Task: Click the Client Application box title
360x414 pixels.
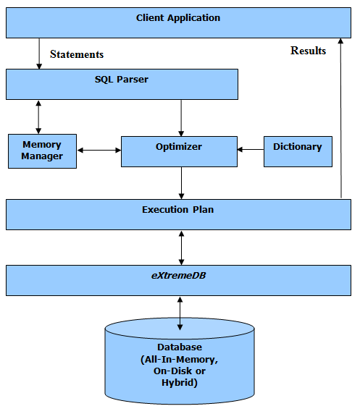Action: (x=178, y=18)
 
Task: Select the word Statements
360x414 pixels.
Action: (x=77, y=54)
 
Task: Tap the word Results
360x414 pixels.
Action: (x=308, y=51)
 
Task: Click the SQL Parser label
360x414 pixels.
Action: (x=122, y=80)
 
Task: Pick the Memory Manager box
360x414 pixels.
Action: (x=42, y=151)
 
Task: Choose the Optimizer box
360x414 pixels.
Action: (x=179, y=151)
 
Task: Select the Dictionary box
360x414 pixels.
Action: (x=298, y=151)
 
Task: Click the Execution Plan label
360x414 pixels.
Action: (x=178, y=210)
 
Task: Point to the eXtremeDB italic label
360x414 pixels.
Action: (x=178, y=276)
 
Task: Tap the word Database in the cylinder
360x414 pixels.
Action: (x=180, y=347)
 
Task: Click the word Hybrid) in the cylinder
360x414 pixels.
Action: (x=180, y=383)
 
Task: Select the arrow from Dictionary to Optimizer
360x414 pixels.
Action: (x=251, y=149)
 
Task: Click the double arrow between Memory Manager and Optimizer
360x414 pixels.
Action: (x=99, y=151)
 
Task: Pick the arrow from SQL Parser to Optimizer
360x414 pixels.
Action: (x=181, y=118)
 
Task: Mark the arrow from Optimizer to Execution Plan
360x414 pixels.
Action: (x=181, y=183)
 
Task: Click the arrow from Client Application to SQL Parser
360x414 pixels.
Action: (x=39, y=54)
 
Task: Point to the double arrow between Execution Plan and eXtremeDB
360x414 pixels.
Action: (x=181, y=248)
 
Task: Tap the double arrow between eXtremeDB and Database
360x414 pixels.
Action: (x=180, y=313)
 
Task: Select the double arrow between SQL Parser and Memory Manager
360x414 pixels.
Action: (x=38, y=117)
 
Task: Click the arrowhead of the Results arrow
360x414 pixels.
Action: (x=340, y=41)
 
